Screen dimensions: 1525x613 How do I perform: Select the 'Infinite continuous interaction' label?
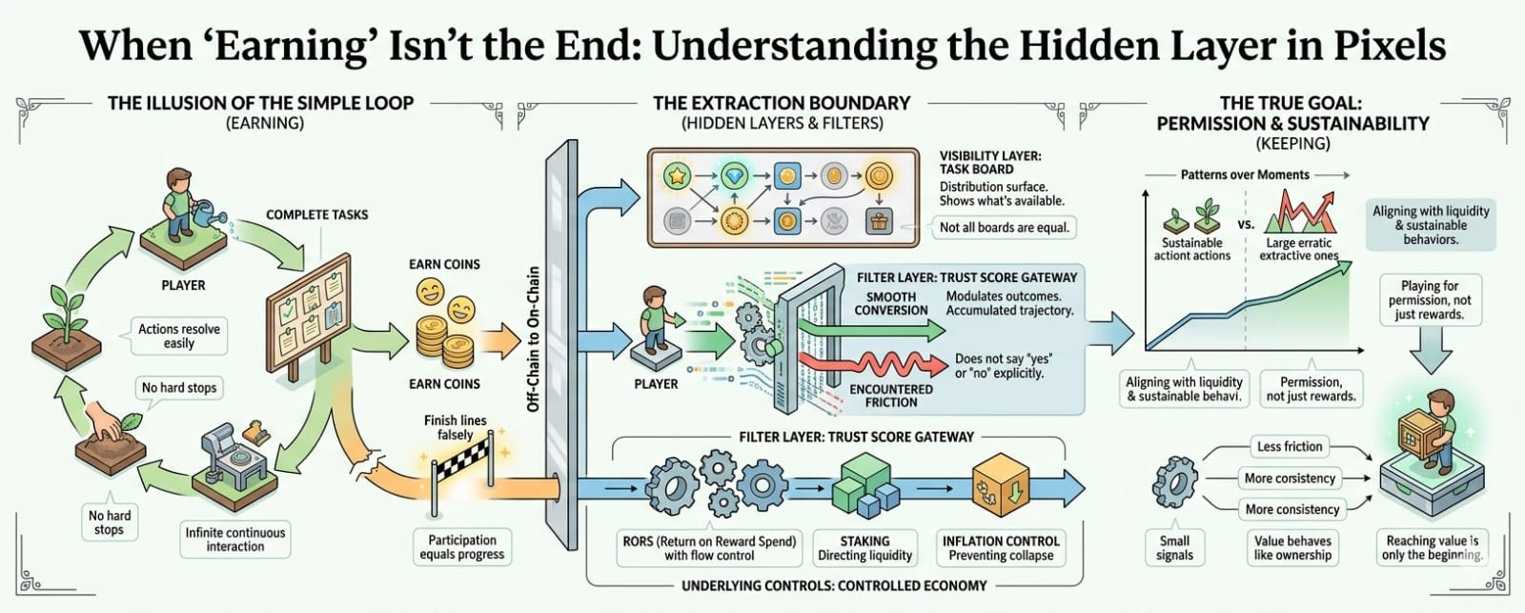point(235,540)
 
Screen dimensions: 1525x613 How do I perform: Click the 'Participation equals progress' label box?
point(462,546)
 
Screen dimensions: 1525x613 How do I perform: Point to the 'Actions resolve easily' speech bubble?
point(178,336)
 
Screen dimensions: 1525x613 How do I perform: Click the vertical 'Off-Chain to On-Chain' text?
point(534,338)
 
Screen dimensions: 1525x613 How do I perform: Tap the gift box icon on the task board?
point(878,221)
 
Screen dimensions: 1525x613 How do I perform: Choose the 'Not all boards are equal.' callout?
point(1005,227)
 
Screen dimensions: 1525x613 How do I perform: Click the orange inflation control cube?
point(1000,486)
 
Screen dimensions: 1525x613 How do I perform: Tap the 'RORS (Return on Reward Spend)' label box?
point(709,547)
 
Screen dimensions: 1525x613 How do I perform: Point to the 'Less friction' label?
point(1289,446)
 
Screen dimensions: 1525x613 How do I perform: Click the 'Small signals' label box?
point(1174,547)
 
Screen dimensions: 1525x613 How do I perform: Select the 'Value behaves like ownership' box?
point(1292,547)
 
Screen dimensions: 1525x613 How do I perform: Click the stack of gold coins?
point(444,338)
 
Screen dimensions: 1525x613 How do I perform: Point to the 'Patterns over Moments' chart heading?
point(1245,175)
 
